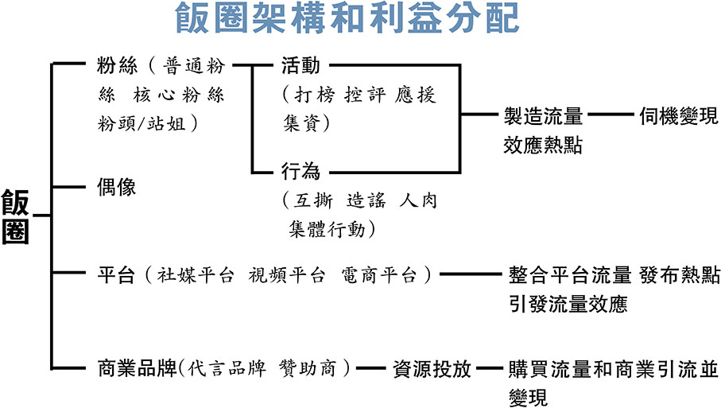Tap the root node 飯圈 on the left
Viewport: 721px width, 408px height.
(15, 216)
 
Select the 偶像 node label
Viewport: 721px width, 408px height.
(116, 188)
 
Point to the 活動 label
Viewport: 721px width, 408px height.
(300, 65)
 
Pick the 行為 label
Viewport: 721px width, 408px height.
(300, 170)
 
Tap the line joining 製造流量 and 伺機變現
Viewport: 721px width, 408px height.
(610, 116)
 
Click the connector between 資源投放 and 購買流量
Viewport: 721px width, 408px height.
(488, 369)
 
